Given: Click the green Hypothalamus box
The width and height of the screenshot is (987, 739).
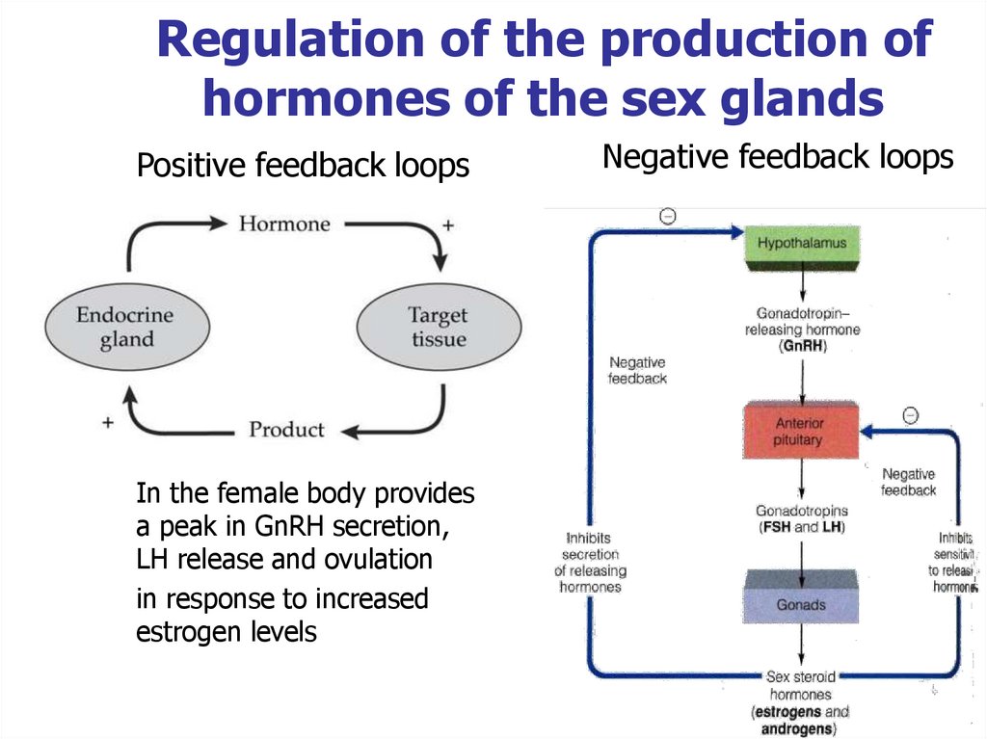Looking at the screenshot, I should [801, 244].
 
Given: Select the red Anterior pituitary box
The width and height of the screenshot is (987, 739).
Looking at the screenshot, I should [799, 432].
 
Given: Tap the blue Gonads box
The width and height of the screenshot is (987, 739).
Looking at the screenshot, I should [801, 604].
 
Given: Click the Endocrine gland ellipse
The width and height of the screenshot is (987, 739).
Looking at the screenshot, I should [125, 328].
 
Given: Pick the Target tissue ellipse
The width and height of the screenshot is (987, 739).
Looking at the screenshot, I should [439, 328].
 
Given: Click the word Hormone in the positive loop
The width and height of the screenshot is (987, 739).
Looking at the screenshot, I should [284, 224].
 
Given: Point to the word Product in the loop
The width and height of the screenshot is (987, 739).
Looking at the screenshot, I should [286, 429].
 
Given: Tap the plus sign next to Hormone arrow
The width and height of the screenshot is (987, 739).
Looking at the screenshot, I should [446, 225].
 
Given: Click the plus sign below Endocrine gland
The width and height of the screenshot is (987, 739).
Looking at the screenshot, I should [108, 422].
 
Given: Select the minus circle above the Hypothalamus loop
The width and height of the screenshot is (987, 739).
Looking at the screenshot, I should [667, 217].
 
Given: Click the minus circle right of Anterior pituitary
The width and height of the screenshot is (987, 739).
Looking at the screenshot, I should [910, 415].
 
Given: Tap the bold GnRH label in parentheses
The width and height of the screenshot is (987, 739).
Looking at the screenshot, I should [802, 347].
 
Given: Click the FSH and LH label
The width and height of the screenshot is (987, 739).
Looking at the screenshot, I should [801, 527].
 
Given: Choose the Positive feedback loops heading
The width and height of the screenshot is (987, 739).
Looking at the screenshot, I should [303, 167].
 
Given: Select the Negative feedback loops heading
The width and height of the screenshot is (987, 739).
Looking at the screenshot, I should [778, 156].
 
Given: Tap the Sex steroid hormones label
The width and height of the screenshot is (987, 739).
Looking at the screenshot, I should [800, 685].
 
